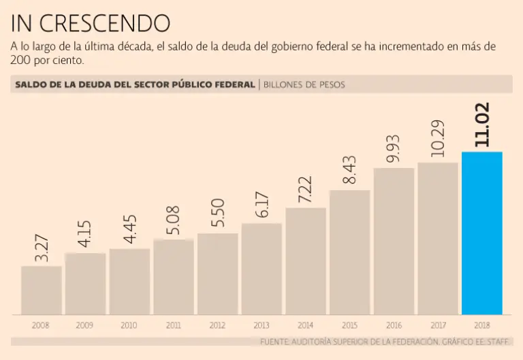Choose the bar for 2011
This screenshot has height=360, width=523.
[x=174, y=277]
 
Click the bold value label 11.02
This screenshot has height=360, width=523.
[x=483, y=125]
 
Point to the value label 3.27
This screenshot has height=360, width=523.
[x=42, y=248]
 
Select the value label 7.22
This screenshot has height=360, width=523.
[x=306, y=189]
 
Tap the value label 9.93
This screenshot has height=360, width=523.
[x=394, y=149]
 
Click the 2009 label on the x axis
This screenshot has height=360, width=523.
[x=85, y=325]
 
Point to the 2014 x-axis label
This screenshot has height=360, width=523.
[x=306, y=325]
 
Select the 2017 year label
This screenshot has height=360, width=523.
[x=438, y=325]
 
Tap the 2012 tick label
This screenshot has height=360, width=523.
[x=217, y=325]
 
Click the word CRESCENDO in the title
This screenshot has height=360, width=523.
[x=105, y=24]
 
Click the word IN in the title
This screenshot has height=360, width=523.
[x=21, y=24]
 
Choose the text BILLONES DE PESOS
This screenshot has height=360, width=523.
[x=304, y=85]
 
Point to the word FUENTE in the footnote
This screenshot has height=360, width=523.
[x=275, y=341]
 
